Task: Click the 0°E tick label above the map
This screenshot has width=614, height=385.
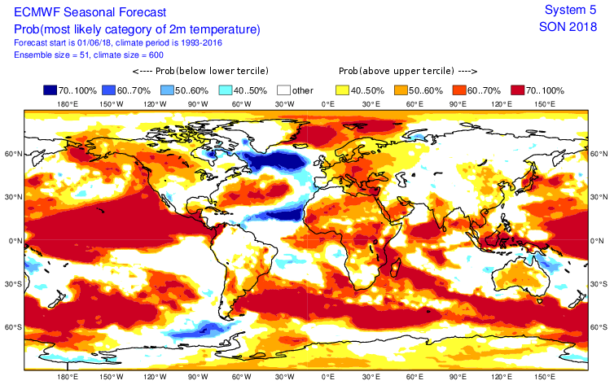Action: pos(329,105)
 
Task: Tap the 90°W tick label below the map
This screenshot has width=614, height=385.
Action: pos(197,377)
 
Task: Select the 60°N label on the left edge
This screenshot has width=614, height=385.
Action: pos(11,153)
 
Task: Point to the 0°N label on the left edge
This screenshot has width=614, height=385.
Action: pos(11,241)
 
